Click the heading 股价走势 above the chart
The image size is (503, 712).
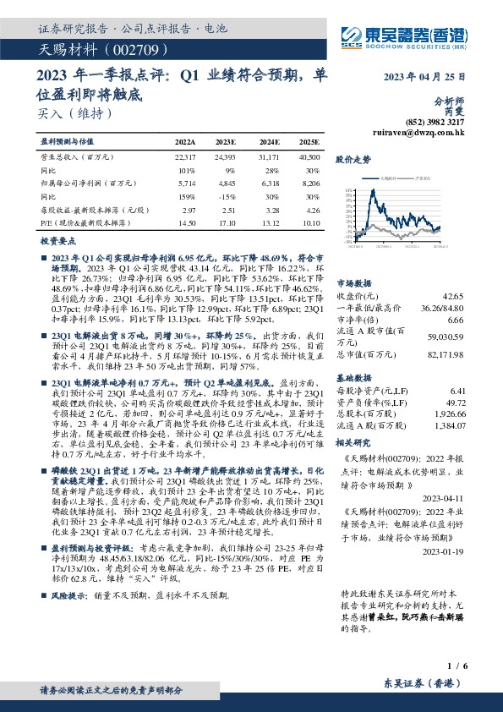pos(353,159)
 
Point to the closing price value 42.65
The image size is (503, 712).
pos(454,297)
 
